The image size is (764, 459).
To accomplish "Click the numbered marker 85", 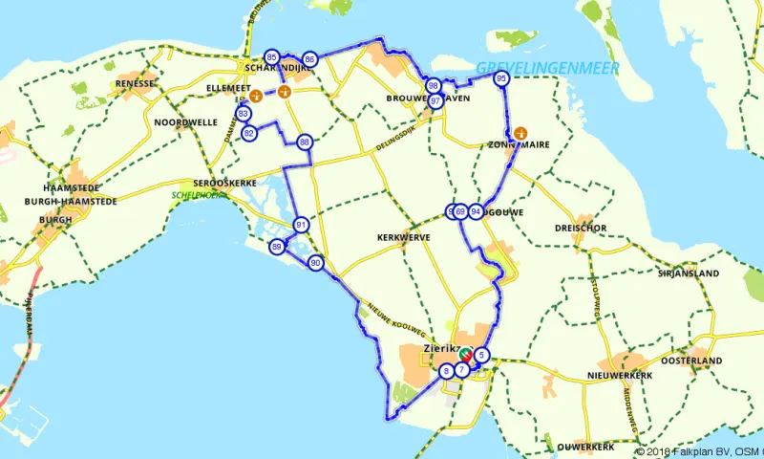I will (272, 57).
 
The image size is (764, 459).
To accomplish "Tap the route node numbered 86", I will (309, 59).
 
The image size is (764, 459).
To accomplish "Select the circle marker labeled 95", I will (500, 79).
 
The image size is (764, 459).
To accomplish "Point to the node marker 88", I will (305, 142).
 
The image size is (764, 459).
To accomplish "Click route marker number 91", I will (301, 226).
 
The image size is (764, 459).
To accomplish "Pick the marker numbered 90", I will (315, 263).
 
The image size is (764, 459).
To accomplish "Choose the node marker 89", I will (277, 247).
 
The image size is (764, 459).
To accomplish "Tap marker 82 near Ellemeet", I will (249, 133).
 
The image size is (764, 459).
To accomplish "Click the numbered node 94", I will (476, 211).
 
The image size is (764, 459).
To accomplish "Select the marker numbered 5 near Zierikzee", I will (482, 356).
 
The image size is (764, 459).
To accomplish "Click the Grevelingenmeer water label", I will (547, 68).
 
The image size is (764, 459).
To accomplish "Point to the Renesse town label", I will (135, 83).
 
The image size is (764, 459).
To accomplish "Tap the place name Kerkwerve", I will (403, 237).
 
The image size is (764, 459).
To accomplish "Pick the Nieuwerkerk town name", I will (620, 375).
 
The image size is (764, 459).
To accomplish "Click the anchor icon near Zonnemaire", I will (520, 133).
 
